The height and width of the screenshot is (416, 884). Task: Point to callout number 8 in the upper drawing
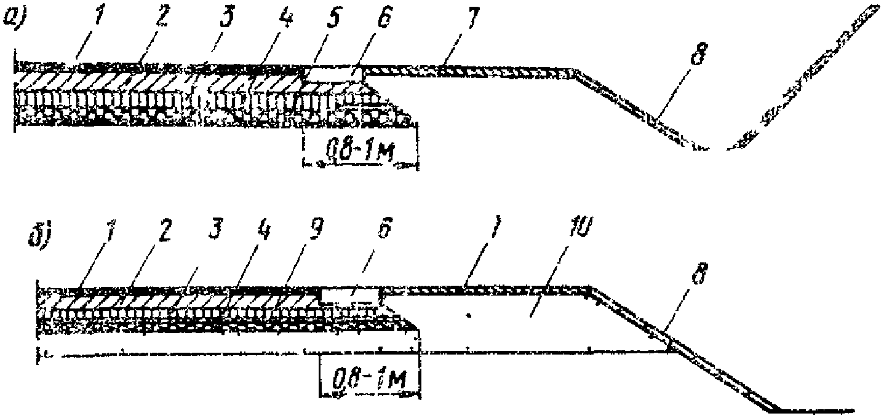click(697, 55)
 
